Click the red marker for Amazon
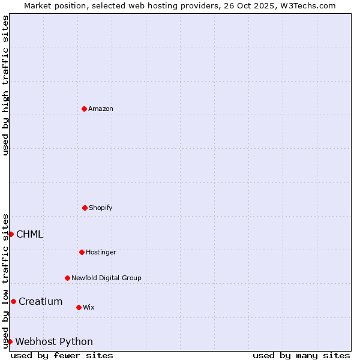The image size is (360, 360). (x=84, y=109)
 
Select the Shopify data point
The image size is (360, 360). (x=85, y=208)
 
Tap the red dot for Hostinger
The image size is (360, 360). (x=82, y=252)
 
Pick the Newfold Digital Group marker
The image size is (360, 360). (x=67, y=278)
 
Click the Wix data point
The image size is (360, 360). (x=79, y=307)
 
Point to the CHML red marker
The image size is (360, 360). (x=11, y=234)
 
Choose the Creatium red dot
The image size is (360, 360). (x=13, y=301)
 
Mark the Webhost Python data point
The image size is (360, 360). (x=10, y=341)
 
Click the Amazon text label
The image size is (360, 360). (x=101, y=109)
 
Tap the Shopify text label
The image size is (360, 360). (x=101, y=208)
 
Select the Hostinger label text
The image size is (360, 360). (x=101, y=252)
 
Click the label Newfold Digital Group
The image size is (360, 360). (x=106, y=278)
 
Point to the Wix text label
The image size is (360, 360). (x=89, y=307)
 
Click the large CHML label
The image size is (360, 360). (x=30, y=234)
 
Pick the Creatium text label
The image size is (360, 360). (x=41, y=301)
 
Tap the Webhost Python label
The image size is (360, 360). (x=54, y=341)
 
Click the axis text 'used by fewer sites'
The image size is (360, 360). (x=62, y=355)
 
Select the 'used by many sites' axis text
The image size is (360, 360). (x=301, y=355)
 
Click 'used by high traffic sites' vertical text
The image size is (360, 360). (x=5, y=85)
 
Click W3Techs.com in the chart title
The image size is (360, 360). (x=305, y=5)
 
